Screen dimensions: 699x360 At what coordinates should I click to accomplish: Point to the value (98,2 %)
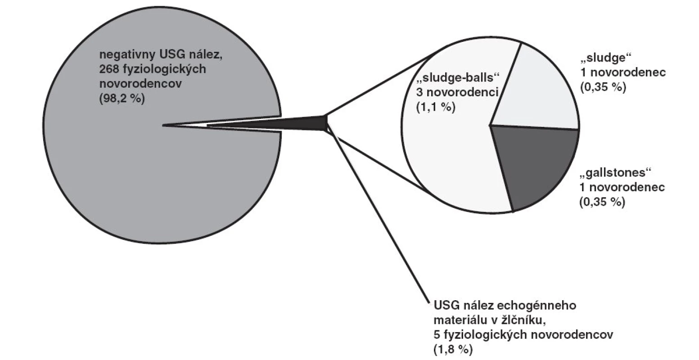tap(122, 99)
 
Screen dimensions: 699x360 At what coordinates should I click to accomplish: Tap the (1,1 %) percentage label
tap(436, 107)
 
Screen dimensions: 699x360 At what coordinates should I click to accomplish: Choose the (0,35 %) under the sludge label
tap(603, 87)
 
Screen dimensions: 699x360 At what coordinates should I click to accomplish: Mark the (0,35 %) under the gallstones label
tap(602, 202)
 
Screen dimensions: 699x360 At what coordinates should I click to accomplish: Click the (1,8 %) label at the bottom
tap(453, 349)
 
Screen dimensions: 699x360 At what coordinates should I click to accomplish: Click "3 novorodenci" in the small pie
tap(457, 92)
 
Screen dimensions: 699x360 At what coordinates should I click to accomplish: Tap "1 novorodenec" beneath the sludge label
tap(623, 72)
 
